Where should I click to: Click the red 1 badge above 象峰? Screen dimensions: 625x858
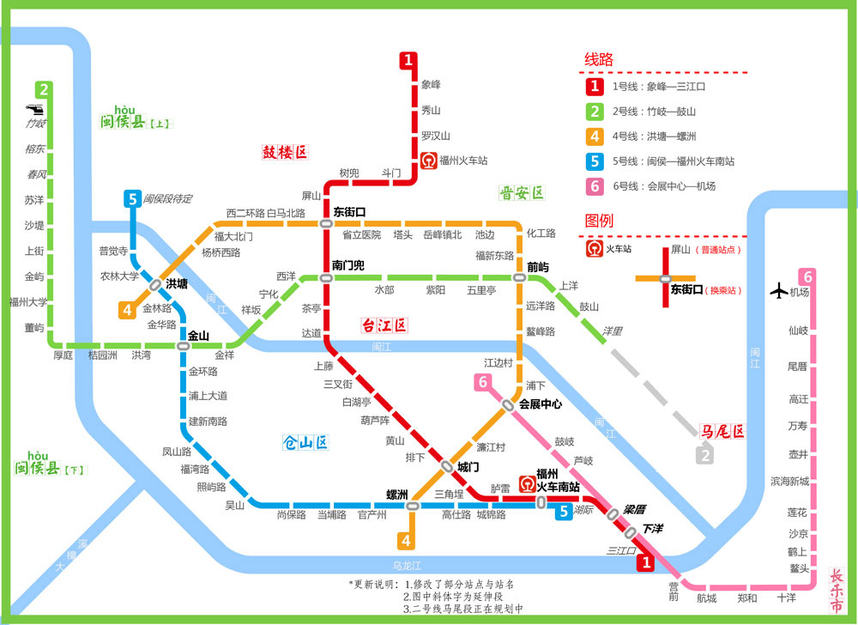click(409, 60)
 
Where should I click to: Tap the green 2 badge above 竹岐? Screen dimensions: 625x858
click(44, 88)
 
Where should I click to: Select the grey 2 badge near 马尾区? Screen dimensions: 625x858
click(704, 456)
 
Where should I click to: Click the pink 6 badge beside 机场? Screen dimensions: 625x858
click(807, 277)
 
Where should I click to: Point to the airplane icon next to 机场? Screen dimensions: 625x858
click(778, 291)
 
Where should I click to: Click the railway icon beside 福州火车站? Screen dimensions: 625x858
click(428, 160)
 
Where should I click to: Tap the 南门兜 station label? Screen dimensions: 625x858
click(348, 265)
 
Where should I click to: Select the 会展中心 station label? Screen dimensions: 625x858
click(541, 404)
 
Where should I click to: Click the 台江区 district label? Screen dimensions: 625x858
click(384, 325)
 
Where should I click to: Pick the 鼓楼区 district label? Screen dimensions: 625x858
click(284, 153)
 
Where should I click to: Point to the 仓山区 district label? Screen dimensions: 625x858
click(306, 443)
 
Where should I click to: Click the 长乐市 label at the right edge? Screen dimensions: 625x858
click(837, 592)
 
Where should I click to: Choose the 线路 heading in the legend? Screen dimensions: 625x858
click(599, 59)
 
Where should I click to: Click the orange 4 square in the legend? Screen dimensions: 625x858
click(594, 136)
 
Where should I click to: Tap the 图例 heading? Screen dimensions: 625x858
click(599, 221)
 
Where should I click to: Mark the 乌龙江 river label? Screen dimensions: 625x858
click(407, 565)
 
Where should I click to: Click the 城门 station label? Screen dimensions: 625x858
click(468, 466)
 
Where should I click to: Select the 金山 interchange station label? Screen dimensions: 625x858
click(198, 336)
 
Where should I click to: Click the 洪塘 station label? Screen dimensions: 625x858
click(177, 283)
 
